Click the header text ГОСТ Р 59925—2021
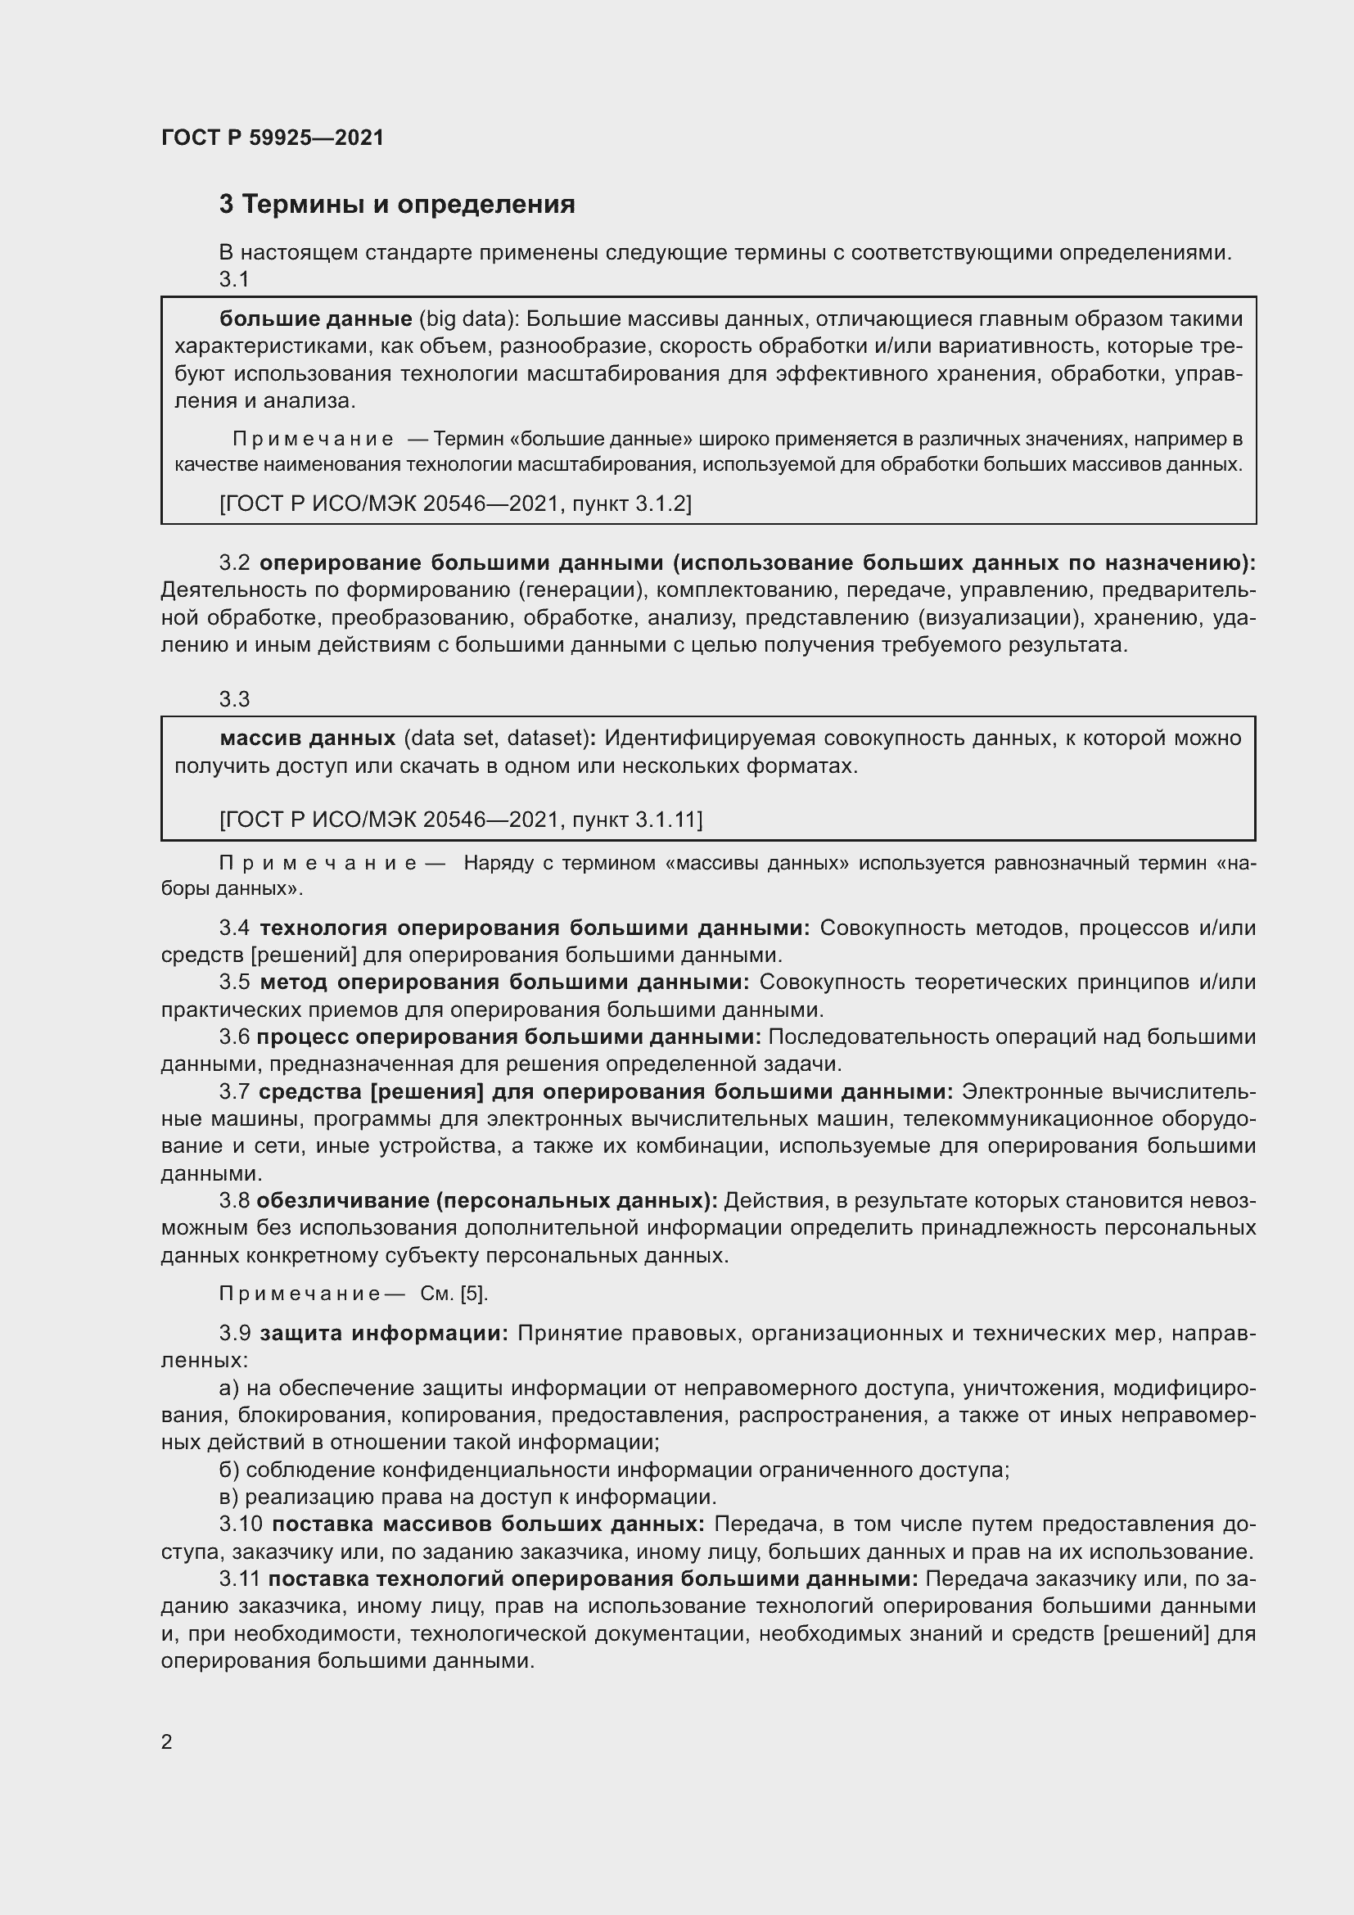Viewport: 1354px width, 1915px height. coord(273,138)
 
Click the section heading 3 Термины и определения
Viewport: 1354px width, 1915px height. coord(397,205)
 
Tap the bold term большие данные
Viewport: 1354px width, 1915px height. coord(315,318)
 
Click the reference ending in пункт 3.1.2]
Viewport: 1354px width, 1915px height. coord(455,503)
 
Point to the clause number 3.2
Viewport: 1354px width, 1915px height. coord(234,563)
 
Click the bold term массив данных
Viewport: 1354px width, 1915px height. coord(307,738)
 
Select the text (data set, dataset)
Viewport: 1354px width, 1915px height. coord(497,738)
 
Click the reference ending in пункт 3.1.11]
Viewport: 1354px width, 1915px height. coord(460,819)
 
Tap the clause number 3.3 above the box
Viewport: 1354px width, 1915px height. coord(234,699)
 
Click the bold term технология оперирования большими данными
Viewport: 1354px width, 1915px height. coord(535,928)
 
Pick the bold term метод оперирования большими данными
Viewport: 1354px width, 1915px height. coord(504,982)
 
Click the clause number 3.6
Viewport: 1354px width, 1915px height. coord(234,1037)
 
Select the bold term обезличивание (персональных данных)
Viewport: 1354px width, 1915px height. coord(487,1200)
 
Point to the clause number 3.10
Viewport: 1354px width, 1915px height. coord(240,1524)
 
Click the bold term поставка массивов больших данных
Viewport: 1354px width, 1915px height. coord(488,1524)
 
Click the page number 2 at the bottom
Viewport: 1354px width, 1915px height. coord(167,1741)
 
